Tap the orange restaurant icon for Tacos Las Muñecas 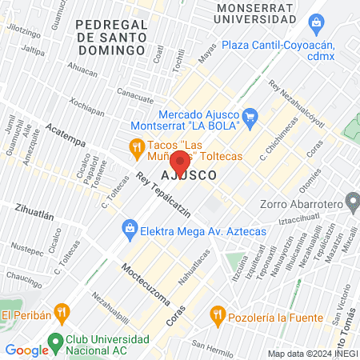(x=137, y=146)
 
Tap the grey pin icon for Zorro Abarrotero (x=350, y=201)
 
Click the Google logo (x=27, y=350)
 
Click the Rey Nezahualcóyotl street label (x=301, y=102)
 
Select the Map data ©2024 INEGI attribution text (x=312, y=353)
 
